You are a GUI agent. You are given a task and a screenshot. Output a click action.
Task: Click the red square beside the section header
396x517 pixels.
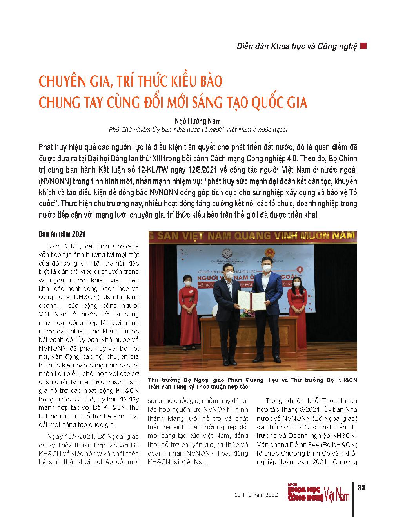(x=363, y=46)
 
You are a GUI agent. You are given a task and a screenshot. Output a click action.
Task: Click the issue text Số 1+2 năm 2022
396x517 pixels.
(x=254, y=495)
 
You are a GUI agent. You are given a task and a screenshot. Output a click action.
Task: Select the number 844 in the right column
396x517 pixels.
(x=314, y=445)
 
